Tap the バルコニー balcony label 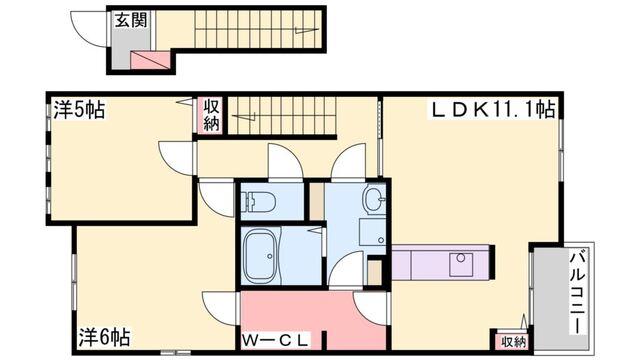(x=579, y=291)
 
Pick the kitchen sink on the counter (x=462, y=265)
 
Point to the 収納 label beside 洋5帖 (x=212, y=114)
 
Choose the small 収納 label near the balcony (x=512, y=342)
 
